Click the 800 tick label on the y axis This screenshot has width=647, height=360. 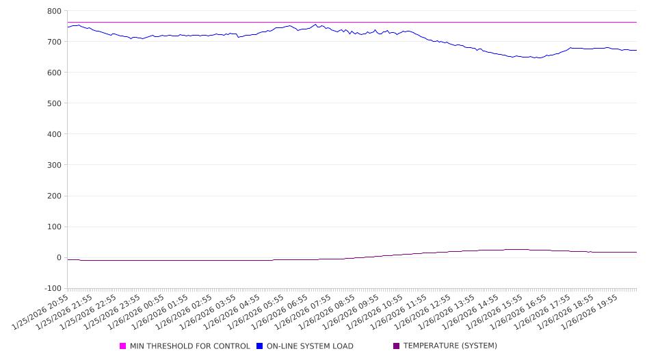pyautogui.click(x=54, y=11)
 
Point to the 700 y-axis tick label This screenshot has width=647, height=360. pyautogui.click(x=54, y=42)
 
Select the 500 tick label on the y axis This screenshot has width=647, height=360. pyautogui.click(x=54, y=103)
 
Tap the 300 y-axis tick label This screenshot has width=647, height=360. pyautogui.click(x=54, y=165)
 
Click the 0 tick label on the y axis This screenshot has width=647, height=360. pyautogui.click(x=59, y=258)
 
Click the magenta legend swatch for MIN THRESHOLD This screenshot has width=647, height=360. pyautogui.click(x=123, y=346)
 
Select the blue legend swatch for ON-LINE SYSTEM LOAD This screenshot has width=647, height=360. pyautogui.click(x=260, y=346)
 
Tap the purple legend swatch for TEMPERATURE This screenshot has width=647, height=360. pyautogui.click(x=397, y=346)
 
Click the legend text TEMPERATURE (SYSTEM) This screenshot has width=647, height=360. pyautogui.click(x=450, y=346)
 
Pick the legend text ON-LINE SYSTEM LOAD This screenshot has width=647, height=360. pyautogui.click(x=310, y=346)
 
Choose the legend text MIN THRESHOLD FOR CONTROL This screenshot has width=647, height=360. pyautogui.click(x=190, y=346)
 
